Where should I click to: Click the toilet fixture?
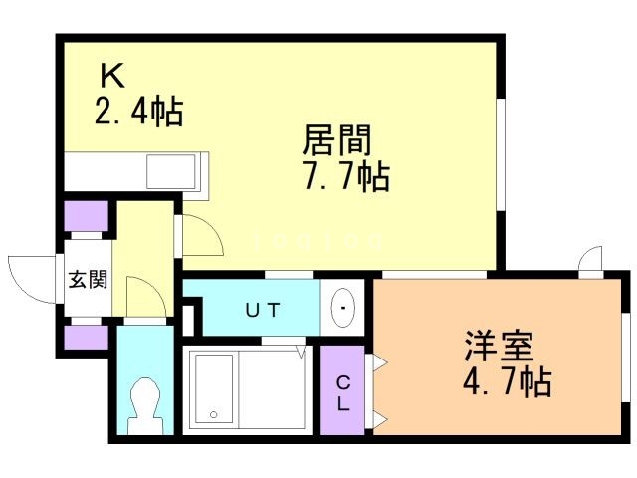pyautogui.click(x=145, y=404)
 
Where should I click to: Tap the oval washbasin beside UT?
pyautogui.click(x=343, y=309)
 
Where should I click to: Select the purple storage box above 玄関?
pyautogui.click(x=84, y=217)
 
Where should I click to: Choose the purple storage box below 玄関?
pyautogui.click(x=84, y=337)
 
